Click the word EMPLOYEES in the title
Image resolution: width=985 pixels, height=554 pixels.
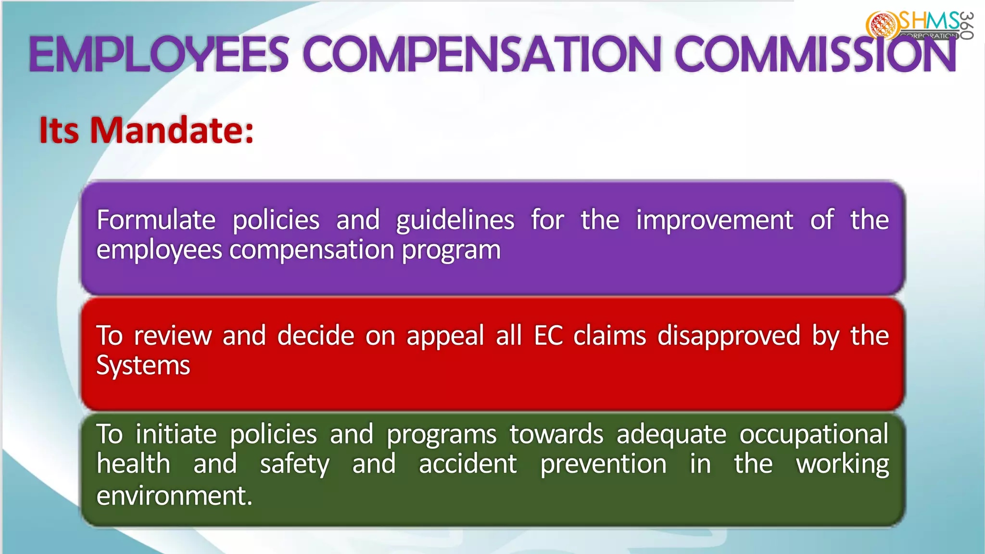click(159, 54)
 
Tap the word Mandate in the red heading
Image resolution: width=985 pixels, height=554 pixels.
click(171, 130)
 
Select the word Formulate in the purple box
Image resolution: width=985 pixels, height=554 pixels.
click(156, 220)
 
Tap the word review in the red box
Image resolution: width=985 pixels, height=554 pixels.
click(173, 336)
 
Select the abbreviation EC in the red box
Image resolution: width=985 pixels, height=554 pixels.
click(548, 336)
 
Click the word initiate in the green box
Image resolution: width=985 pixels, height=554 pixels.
click(176, 434)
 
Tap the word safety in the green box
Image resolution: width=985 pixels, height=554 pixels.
click(294, 465)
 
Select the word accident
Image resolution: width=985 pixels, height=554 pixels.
click(467, 465)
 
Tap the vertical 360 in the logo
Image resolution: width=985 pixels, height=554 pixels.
click(967, 25)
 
